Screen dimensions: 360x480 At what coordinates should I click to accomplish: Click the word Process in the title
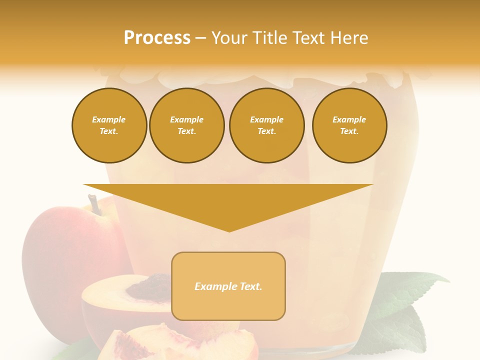[x=157, y=38]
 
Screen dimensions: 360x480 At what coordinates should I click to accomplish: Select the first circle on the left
[x=109, y=125]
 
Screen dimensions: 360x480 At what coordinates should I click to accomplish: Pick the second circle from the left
[x=187, y=125]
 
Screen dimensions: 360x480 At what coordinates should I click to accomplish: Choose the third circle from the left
[x=266, y=125]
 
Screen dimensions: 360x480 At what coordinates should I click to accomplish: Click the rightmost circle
[x=349, y=125]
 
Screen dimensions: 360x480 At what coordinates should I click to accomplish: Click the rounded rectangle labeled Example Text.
[x=228, y=286]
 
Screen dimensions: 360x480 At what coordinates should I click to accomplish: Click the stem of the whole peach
[x=94, y=204]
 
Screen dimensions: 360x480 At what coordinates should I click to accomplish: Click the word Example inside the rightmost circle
[x=349, y=119]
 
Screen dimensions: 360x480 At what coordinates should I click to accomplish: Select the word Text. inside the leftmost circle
[x=109, y=131]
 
